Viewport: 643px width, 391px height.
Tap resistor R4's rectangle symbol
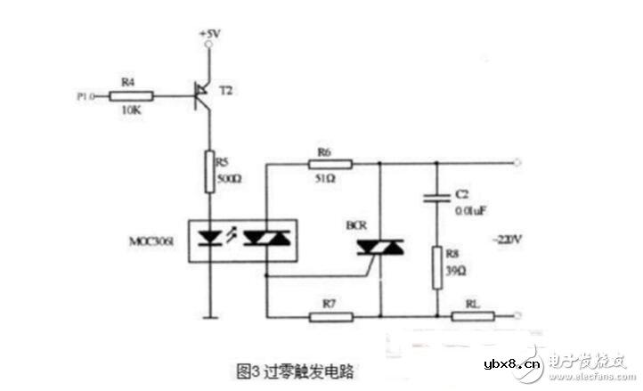(x=135, y=95)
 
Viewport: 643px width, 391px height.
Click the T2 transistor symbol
(x=204, y=91)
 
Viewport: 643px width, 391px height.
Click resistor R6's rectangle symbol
(x=331, y=164)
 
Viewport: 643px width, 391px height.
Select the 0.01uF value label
(x=469, y=211)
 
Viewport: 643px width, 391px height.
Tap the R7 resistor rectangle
(x=332, y=315)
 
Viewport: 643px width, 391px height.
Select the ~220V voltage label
(x=504, y=240)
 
